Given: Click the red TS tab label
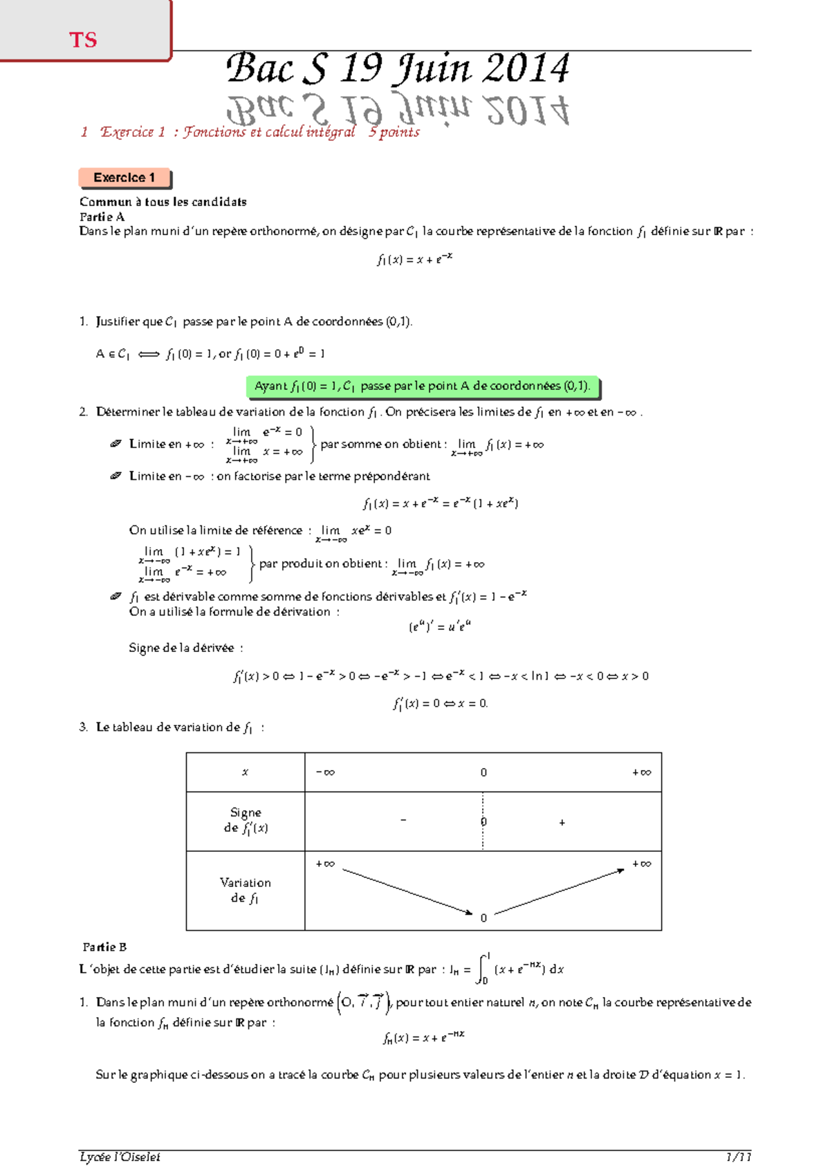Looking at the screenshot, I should [x=83, y=40].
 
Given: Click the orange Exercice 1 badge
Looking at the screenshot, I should [x=124, y=178].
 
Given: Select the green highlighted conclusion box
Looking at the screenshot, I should [x=422, y=386].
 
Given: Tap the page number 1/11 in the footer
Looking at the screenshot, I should [x=738, y=1157].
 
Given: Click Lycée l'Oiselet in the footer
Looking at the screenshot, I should [x=120, y=1157].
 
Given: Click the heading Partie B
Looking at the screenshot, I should [x=104, y=947].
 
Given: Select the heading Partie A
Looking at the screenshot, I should [x=102, y=216].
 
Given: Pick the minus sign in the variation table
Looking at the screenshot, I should [x=403, y=821].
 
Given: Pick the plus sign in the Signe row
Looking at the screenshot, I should [x=562, y=823].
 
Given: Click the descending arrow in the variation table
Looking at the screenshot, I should [x=407, y=891].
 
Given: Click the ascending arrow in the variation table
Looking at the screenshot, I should [x=560, y=891].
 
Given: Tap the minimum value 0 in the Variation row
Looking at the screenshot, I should [x=483, y=918].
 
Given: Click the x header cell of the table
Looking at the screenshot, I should [x=245, y=772].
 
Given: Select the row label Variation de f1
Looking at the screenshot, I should [x=245, y=890].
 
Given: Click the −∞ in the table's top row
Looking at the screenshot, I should [x=325, y=772].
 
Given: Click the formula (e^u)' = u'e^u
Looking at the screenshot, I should [x=440, y=627].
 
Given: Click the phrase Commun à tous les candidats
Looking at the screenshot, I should [x=163, y=202].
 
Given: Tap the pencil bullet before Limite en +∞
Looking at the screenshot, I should [x=116, y=444].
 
